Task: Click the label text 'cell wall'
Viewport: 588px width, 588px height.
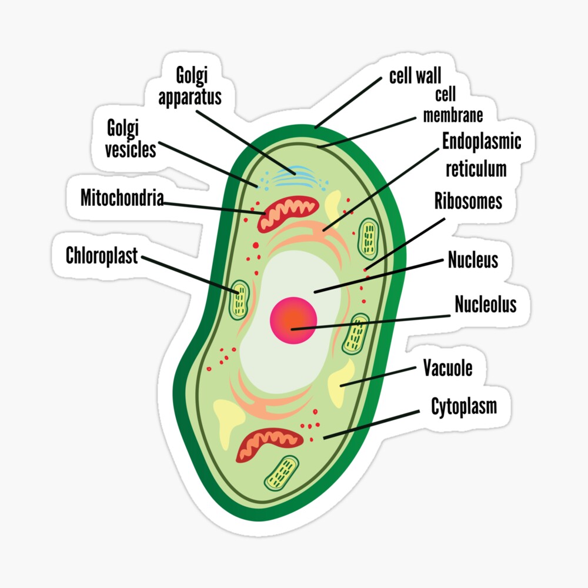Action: [x=415, y=76]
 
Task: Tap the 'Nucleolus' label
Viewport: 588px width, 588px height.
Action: [x=485, y=304]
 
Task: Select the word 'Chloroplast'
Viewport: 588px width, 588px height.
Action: [x=102, y=256]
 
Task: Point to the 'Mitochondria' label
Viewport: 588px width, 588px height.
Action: [x=122, y=198]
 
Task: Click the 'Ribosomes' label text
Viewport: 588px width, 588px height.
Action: [x=468, y=201]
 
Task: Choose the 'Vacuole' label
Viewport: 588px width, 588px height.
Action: [x=447, y=368]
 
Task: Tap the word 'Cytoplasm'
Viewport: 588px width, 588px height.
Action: [x=463, y=406]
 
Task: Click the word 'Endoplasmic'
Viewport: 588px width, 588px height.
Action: [x=482, y=141]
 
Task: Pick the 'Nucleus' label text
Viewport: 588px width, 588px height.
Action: [x=473, y=259]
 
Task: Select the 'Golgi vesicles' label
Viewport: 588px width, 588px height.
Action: [x=131, y=139]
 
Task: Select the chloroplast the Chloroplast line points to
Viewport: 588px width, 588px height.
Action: [x=239, y=299]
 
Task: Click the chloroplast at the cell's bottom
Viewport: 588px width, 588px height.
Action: [x=281, y=473]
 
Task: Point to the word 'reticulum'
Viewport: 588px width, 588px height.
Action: [x=476, y=169]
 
